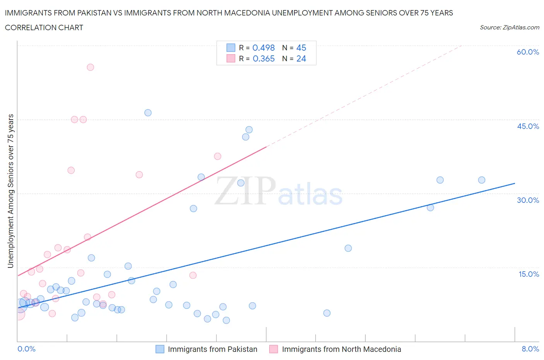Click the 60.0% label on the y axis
pyautogui.click(x=528, y=52)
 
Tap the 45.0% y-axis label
pyautogui.click(x=528, y=126)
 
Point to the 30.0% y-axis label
pyautogui.click(x=528, y=200)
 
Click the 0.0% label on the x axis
pyautogui.click(x=26, y=349)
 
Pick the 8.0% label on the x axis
pyautogui.click(x=530, y=349)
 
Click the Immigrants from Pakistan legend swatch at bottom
pyautogui.click(x=160, y=349)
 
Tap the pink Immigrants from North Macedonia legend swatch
pyautogui.click(x=274, y=349)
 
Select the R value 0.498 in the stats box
pyautogui.click(x=263, y=48)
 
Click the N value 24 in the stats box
pyautogui.click(x=301, y=58)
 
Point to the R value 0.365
pyautogui.click(x=263, y=58)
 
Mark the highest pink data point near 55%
pyautogui.click(x=90, y=67)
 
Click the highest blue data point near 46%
pyautogui.click(x=148, y=113)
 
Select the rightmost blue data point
pyautogui.click(x=481, y=180)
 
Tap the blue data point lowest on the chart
pyautogui.click(x=226, y=320)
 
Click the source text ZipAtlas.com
pyautogui.click(x=509, y=27)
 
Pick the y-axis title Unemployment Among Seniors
pyautogui.click(x=10, y=191)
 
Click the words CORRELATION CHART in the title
pyautogui.click(x=44, y=27)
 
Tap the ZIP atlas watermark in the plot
pyautogui.click(x=279, y=191)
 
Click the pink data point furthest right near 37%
pyautogui.click(x=217, y=156)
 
